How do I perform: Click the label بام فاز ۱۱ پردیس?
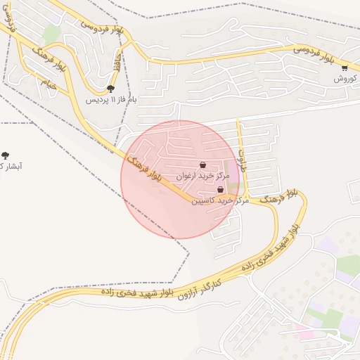tap(112, 100)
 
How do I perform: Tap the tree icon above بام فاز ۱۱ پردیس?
tap(111, 89)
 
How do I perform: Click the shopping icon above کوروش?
tap(345, 68)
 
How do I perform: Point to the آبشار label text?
tap(11, 166)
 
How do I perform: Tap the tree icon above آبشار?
tap(6, 155)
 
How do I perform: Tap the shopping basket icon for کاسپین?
tap(220, 190)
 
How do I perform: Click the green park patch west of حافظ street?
tap(51, 34)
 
